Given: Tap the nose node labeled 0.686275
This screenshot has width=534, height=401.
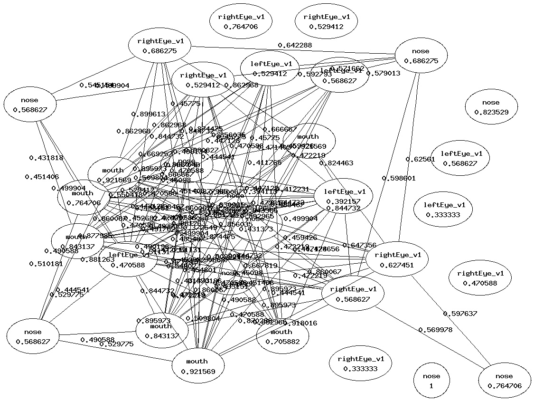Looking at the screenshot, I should click(x=421, y=56).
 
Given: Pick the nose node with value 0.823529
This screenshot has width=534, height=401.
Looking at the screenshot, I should click(x=491, y=107).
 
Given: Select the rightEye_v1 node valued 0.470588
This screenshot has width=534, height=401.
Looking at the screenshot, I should click(x=484, y=278).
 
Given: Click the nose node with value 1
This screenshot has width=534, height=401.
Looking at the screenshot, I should click(x=431, y=381).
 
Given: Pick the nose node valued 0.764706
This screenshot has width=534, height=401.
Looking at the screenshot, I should click(x=504, y=381).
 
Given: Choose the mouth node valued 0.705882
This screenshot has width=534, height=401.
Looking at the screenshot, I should click(x=281, y=336).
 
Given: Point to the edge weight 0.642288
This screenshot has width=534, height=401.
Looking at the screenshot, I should click(x=295, y=46).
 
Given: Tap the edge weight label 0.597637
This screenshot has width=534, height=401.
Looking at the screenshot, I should click(x=460, y=314).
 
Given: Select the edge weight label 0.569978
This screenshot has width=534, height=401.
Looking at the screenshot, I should click(x=435, y=330).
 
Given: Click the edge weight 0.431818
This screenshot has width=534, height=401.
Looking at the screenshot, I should click(x=47, y=158).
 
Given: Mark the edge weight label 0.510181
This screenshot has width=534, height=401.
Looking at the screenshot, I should click(x=46, y=264).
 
